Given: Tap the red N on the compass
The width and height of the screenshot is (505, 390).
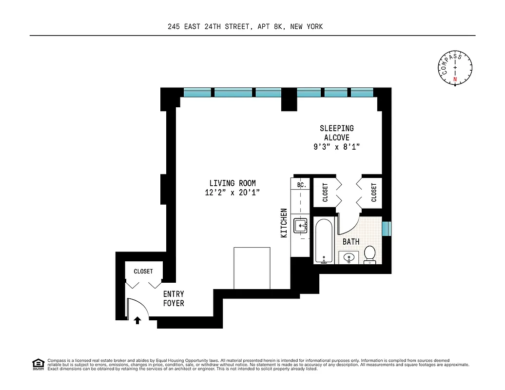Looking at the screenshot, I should pyautogui.click(x=455, y=79).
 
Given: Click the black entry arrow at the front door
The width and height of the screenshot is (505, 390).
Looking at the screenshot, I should pyautogui.click(x=137, y=320).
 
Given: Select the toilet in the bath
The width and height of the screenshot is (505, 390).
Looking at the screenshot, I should pyautogui.click(x=370, y=254).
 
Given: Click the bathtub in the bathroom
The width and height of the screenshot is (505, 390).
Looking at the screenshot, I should pyautogui.click(x=324, y=241).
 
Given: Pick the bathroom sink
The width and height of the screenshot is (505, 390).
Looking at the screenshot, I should pyautogui.click(x=349, y=257).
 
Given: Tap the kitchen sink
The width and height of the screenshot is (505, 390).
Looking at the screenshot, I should pyautogui.click(x=300, y=226).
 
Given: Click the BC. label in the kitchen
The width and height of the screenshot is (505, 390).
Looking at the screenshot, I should pyautogui.click(x=301, y=185).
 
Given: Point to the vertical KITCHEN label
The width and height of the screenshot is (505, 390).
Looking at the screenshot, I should pyautogui.click(x=283, y=223).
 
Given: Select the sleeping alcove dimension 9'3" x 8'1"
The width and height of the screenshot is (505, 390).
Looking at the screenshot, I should pyautogui.click(x=336, y=146).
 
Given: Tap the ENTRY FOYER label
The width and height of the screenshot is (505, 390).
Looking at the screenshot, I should pyautogui.click(x=174, y=298).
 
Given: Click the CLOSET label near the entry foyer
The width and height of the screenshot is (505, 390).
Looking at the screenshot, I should pyautogui.click(x=143, y=271).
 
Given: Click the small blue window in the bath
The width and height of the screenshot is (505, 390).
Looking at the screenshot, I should pyautogui.click(x=387, y=228).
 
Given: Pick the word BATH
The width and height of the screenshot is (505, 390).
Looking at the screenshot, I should pyautogui.click(x=351, y=241).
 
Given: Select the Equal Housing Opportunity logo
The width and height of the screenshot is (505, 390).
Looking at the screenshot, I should pyautogui.click(x=37, y=364).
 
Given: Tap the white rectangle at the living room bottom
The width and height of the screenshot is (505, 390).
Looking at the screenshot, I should pyautogui.click(x=252, y=268).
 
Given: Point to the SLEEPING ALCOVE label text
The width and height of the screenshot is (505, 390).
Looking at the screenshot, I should pyautogui.click(x=336, y=133).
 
